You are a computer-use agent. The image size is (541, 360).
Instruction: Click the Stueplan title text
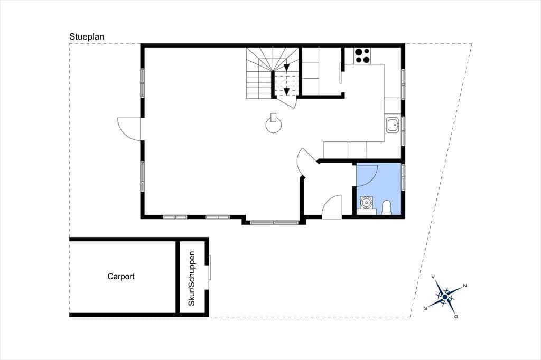[x=87, y=36]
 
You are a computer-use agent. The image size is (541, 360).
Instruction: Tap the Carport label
[x=121, y=276]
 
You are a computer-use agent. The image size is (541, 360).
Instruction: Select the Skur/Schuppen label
[x=191, y=278]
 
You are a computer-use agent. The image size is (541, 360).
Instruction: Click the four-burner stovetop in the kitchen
[x=362, y=55]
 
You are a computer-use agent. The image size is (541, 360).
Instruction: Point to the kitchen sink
[x=393, y=125]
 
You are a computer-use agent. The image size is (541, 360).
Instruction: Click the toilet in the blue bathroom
[x=387, y=207]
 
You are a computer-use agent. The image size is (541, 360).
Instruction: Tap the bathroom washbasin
[x=366, y=203]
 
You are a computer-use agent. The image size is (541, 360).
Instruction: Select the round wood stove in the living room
[x=274, y=123]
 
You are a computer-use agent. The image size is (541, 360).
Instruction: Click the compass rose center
[x=445, y=297]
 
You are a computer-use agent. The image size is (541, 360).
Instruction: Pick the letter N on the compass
[x=465, y=286]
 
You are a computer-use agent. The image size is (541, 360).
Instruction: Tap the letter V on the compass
[x=433, y=277]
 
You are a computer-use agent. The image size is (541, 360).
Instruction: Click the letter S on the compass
[x=426, y=308]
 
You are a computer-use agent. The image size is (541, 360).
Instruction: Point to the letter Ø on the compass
[x=456, y=317]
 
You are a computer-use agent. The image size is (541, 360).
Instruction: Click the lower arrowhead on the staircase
[x=286, y=91]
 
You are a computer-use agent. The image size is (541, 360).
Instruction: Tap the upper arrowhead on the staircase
[x=286, y=68]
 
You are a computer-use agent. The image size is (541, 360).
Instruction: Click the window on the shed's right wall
[x=209, y=268]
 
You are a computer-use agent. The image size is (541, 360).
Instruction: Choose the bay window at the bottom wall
[x=274, y=223]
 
